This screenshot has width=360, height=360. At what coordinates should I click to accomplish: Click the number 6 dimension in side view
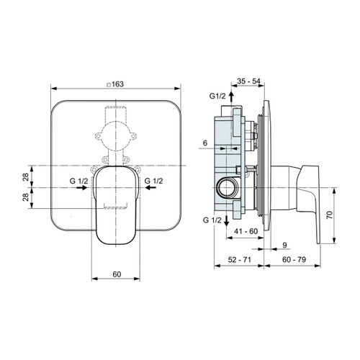click(205, 143)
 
